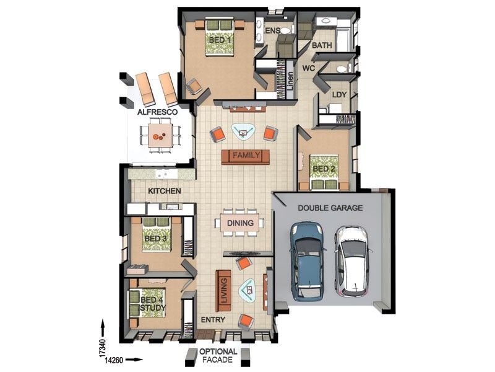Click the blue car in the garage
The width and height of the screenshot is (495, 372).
click(x=307, y=261)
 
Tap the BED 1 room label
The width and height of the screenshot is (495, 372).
click(x=220, y=40)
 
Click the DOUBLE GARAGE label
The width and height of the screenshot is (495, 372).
click(x=330, y=208)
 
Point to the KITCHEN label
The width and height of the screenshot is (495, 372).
click(x=165, y=191)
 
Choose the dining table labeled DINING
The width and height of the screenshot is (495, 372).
click(x=240, y=223)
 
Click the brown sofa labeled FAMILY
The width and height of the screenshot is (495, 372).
click(x=246, y=157)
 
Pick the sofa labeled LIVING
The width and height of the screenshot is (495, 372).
click(x=223, y=291)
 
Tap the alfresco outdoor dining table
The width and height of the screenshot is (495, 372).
click(x=161, y=135)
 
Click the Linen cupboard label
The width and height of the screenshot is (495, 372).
click(x=290, y=81)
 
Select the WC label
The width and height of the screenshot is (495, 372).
click(x=308, y=68)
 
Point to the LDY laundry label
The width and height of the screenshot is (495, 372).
click(x=339, y=94)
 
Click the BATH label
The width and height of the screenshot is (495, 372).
click(x=322, y=45)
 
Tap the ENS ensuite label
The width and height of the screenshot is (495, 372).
click(x=272, y=30)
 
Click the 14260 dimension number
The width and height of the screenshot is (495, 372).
click(x=114, y=360)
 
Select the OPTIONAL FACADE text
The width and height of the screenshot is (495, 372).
click(x=218, y=355)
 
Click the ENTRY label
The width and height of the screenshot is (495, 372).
click(x=213, y=320)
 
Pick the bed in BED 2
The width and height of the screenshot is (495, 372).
click(x=324, y=172)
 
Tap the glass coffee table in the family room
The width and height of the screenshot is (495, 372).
click(x=243, y=131)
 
